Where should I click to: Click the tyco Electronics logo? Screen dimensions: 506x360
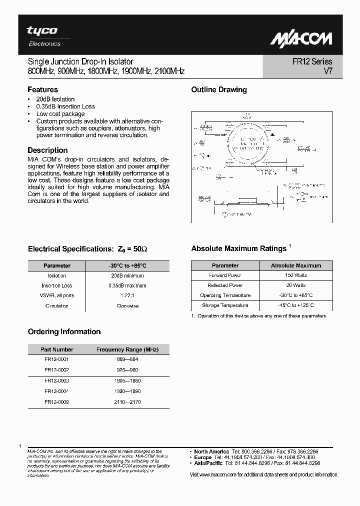click(43, 36)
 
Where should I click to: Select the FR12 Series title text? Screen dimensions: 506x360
click(312, 62)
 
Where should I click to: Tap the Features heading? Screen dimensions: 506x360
click(42, 90)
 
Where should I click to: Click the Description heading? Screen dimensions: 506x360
click(47, 150)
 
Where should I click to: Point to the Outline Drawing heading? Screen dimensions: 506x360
click(219, 90)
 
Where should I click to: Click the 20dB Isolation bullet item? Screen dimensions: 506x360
click(55, 99)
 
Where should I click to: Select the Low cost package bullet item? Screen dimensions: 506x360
click(60, 114)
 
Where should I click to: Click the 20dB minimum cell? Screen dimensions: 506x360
click(127, 275)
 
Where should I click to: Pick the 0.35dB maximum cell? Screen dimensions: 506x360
click(127, 285)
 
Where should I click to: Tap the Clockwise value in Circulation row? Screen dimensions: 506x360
click(127, 305)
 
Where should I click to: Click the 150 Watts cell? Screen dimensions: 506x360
click(296, 275)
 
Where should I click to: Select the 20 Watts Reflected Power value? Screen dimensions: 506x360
click(296, 285)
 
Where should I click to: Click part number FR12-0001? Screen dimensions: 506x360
click(56, 359)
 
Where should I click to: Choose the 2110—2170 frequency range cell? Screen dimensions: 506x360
click(127, 401)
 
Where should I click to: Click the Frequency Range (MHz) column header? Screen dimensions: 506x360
click(127, 349)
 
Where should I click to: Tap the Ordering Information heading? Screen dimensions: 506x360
click(64, 331)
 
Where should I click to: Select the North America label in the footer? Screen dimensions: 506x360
click(211, 451)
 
